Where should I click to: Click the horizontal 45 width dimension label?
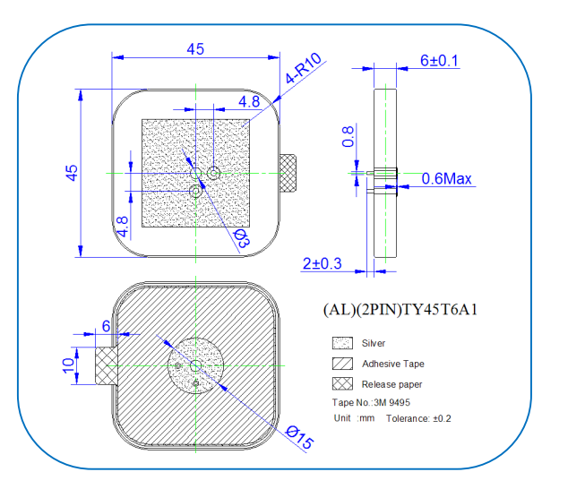(195, 49)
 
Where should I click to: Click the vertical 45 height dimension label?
(72, 173)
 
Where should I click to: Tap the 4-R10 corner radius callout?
(303, 68)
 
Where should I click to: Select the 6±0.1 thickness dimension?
(439, 60)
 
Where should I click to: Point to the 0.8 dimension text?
(348, 136)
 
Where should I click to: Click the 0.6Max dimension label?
(446, 178)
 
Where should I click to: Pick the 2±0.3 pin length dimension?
(322, 263)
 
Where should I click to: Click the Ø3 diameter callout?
(241, 238)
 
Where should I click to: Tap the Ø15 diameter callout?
(299, 437)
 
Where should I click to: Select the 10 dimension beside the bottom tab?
(68, 365)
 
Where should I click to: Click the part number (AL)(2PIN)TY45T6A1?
(400, 310)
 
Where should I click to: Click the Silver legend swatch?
(342, 343)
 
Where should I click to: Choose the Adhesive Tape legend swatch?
(342, 364)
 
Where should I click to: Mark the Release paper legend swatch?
(342, 384)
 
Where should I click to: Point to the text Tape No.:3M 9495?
(371, 402)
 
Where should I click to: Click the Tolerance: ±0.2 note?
(418, 418)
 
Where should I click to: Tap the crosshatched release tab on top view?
(288, 173)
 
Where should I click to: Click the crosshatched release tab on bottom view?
(107, 365)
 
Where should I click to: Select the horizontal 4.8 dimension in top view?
(249, 101)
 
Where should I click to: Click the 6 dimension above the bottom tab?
(107, 326)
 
